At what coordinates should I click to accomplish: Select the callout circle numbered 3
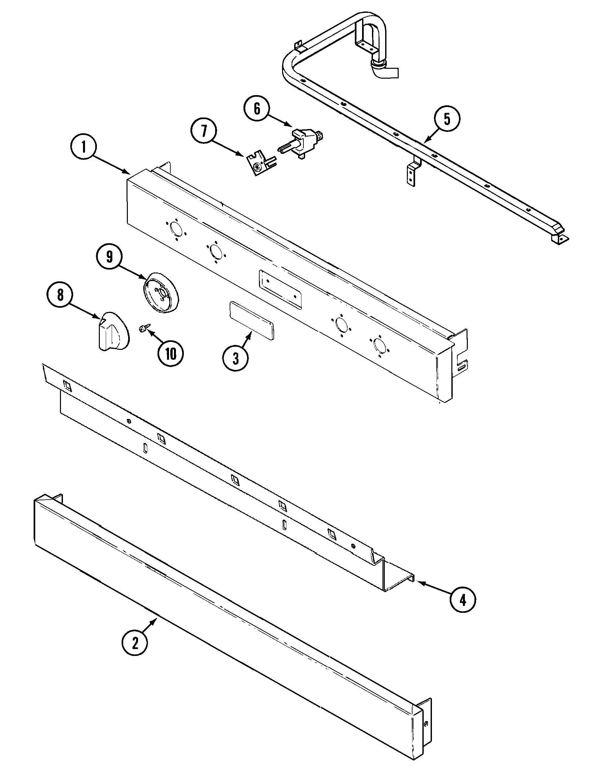point(236,359)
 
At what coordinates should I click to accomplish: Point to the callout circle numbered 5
point(447,119)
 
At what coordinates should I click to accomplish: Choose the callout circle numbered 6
point(257,109)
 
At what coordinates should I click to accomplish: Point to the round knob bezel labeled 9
point(162,293)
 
